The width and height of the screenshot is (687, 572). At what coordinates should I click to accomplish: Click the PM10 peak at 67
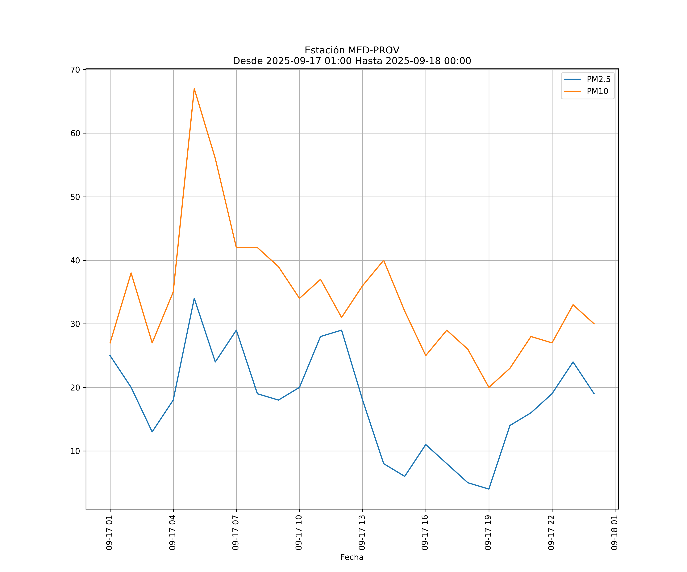(x=194, y=89)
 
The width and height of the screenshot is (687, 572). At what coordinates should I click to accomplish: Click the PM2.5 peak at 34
(x=194, y=298)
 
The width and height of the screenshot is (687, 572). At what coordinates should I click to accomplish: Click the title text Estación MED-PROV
(x=352, y=50)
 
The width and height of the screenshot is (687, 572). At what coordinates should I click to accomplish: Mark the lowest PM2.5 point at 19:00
(x=489, y=489)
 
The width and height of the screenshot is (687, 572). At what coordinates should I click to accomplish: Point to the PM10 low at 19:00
(x=489, y=387)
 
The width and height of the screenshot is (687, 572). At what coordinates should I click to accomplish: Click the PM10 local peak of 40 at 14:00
(x=383, y=260)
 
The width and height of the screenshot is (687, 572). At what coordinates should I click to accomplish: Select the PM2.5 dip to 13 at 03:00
(x=152, y=432)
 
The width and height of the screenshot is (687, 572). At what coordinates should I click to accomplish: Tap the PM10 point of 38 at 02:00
(x=131, y=273)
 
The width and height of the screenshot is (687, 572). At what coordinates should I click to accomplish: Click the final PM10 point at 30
(x=594, y=324)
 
